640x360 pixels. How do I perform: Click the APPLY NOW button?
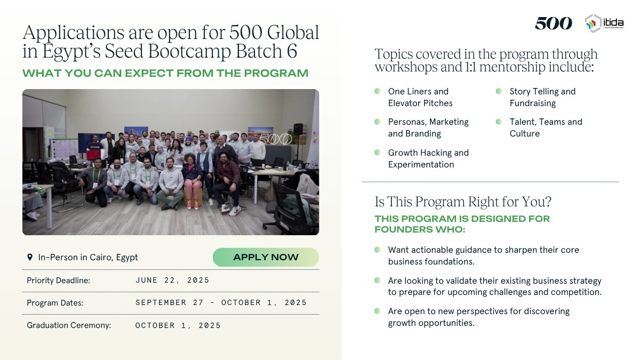pos(266,257)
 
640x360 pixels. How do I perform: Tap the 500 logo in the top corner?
pos(553,23)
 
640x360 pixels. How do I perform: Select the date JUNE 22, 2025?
pos(172,280)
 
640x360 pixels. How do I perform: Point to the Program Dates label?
pos(55,303)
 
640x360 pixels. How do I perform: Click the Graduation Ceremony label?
pos(69,325)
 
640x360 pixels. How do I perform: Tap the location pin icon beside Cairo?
pos(30,257)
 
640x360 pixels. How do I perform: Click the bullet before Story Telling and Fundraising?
pos(499,91)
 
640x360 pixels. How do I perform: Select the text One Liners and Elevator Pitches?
pos(420,97)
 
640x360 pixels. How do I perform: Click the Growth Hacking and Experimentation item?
pos(428,158)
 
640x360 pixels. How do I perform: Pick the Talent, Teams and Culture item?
pos(545,127)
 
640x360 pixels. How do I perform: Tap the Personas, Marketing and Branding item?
pos(428,127)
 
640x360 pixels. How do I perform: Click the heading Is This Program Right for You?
pos(463,202)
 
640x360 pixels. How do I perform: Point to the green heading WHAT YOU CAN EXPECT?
pos(165,73)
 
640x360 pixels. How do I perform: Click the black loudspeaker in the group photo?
pos(298,129)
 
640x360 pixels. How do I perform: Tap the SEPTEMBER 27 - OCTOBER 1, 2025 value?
pos(221,302)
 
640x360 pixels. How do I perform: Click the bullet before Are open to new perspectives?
pos(378,310)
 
